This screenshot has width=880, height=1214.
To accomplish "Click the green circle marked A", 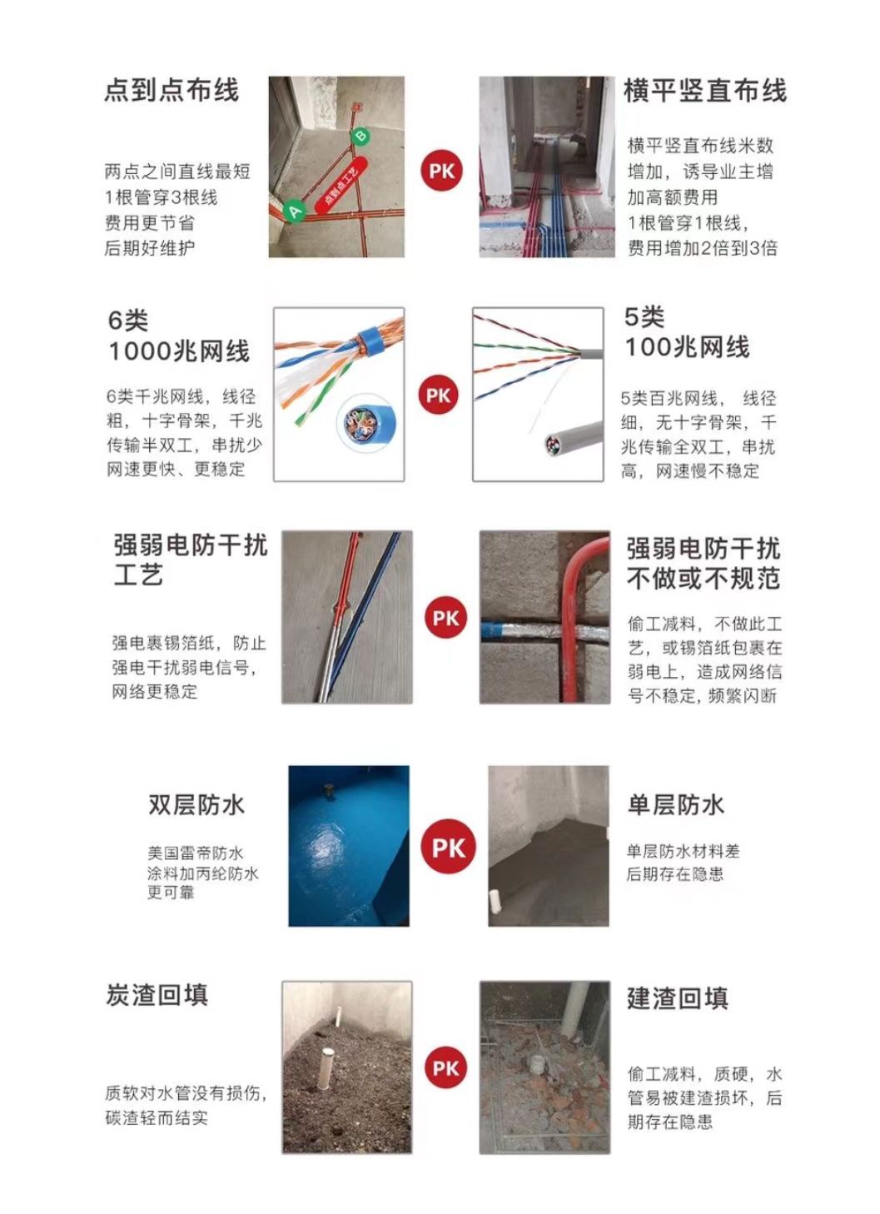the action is [x=295, y=211].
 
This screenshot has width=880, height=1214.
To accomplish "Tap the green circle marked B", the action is [x=361, y=136].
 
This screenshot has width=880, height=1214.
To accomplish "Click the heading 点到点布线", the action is [x=172, y=91].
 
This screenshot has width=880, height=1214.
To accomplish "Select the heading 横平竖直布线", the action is [x=705, y=91].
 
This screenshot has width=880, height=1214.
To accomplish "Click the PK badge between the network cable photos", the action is [x=439, y=396].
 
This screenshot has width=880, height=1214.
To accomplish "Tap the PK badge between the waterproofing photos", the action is [x=449, y=847].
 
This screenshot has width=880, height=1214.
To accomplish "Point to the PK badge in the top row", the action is [x=441, y=172].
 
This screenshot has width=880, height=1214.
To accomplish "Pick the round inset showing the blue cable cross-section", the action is [x=362, y=421].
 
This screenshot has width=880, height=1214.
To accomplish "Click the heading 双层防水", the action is [x=196, y=805].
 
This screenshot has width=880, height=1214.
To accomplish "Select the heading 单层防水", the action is [x=676, y=805].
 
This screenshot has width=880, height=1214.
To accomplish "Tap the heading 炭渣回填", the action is [x=157, y=996].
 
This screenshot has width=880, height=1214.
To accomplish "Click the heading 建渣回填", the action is [x=678, y=998].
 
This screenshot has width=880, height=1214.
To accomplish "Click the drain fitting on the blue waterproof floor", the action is [x=327, y=790].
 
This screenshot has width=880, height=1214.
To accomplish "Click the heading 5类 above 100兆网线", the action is [x=644, y=317].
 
